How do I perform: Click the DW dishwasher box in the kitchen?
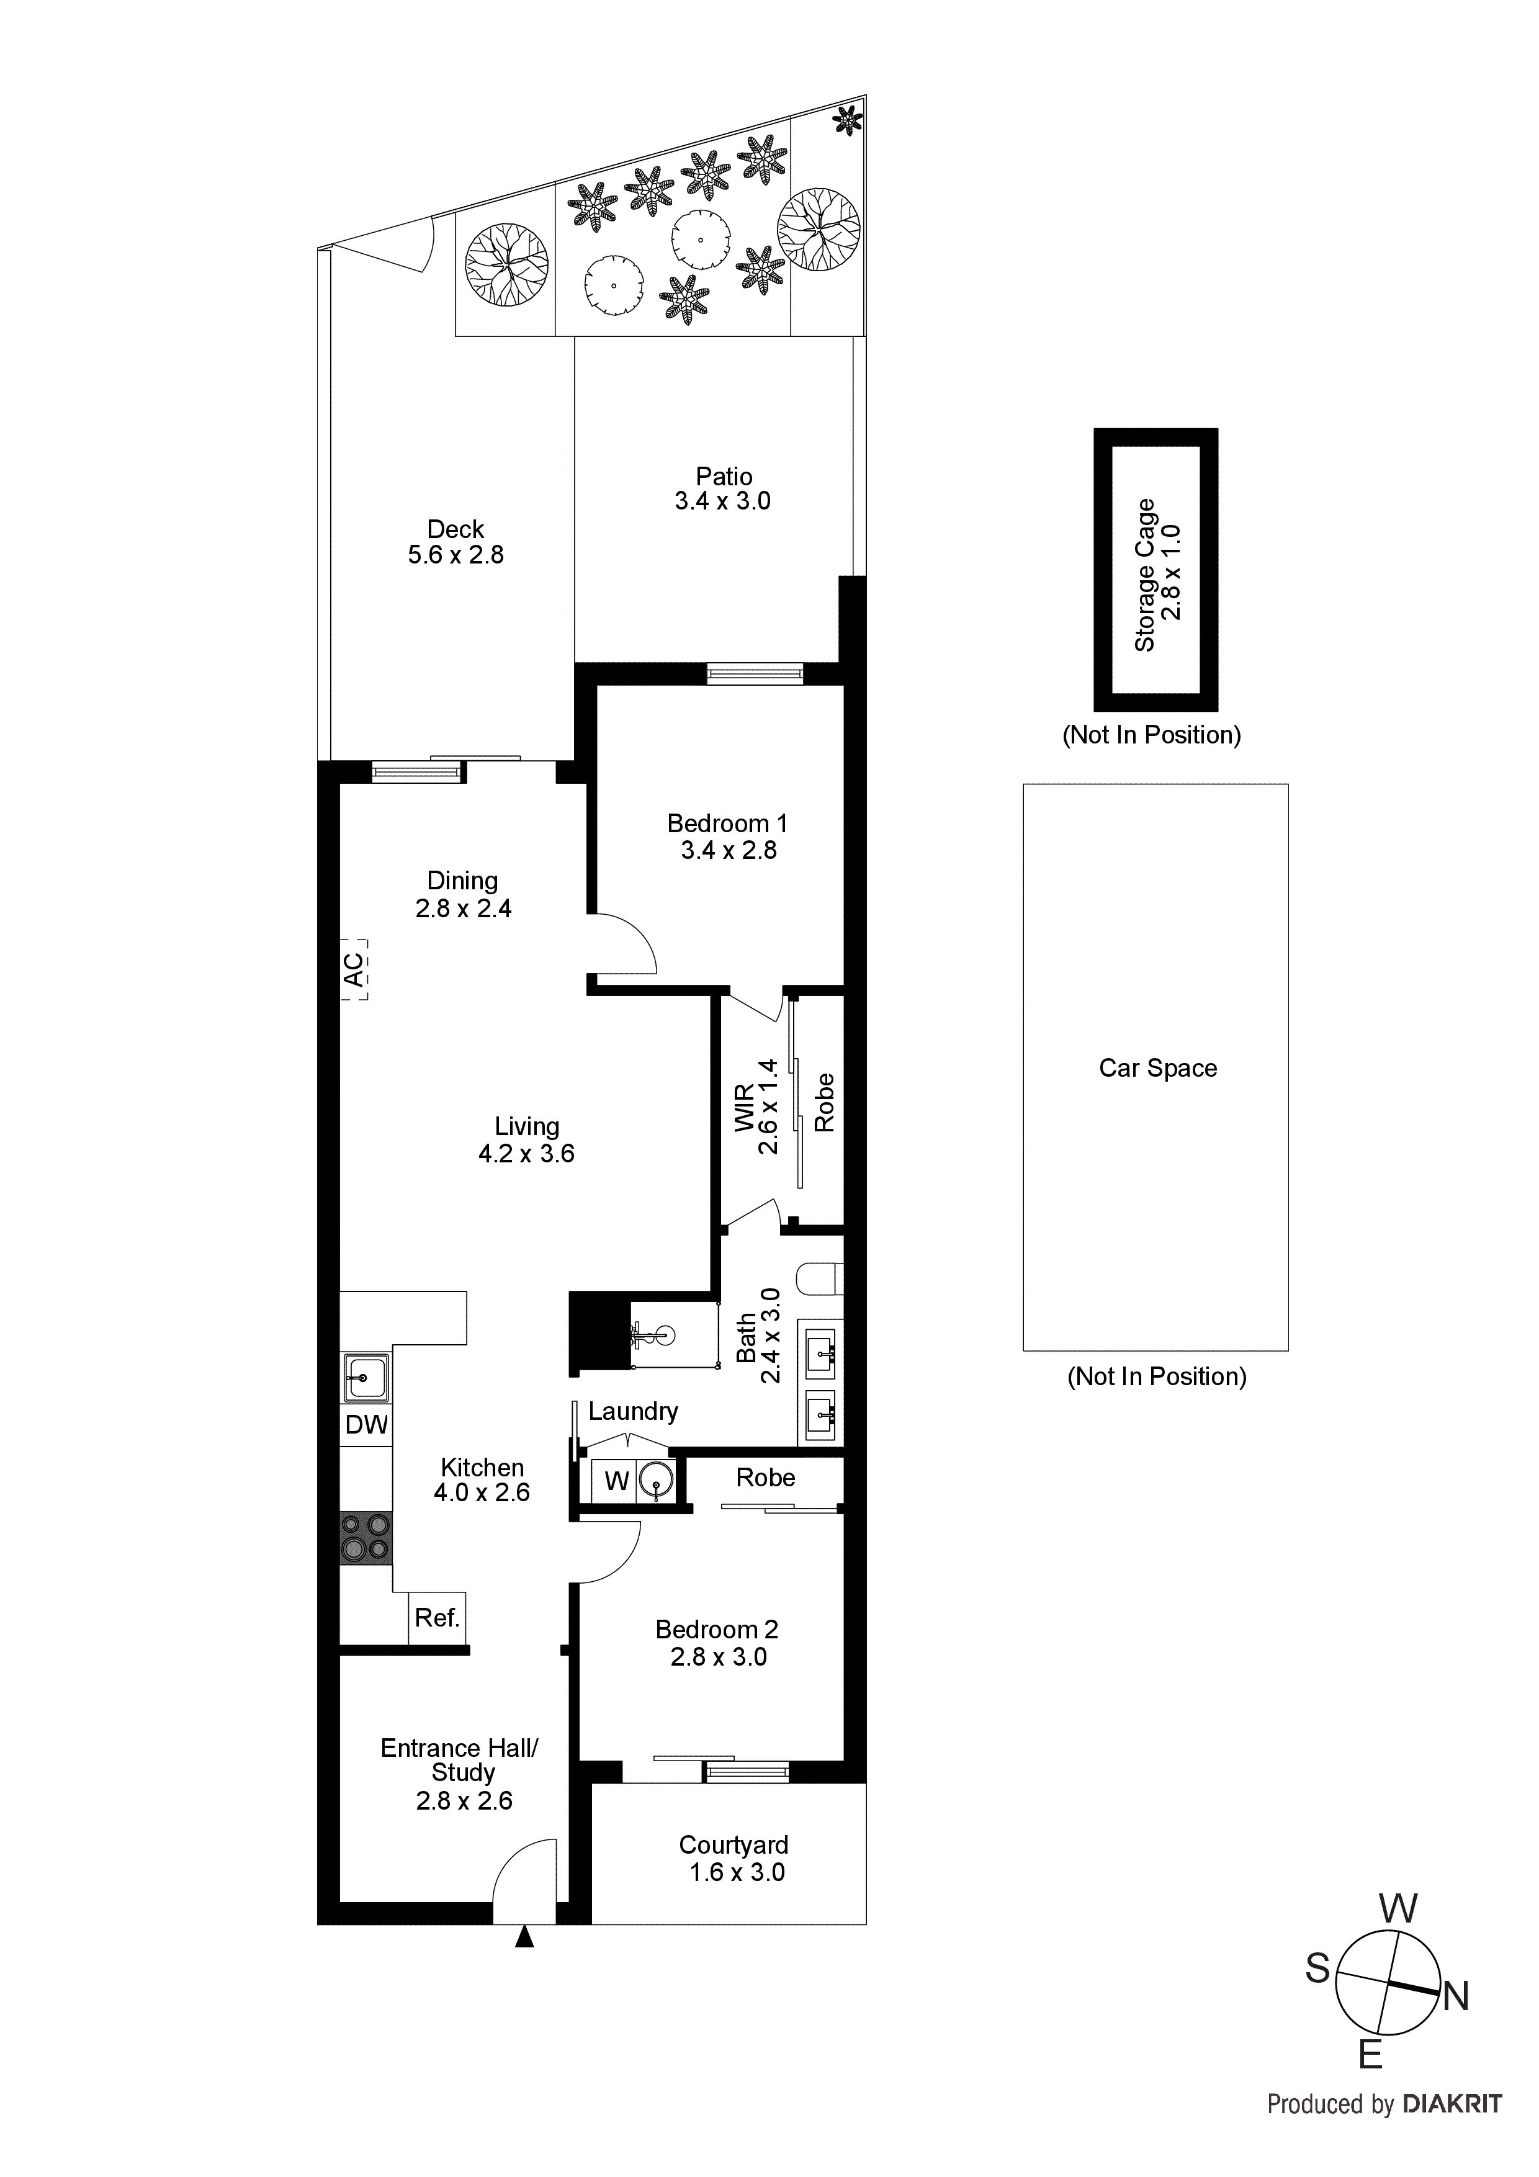click(366, 1424)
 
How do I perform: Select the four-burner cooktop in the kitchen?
click(366, 1537)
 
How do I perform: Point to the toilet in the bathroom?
click(821, 1279)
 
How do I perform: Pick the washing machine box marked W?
click(616, 1480)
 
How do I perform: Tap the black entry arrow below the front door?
click(524, 1939)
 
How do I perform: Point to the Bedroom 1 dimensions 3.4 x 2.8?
click(729, 851)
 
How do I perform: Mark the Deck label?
click(455, 529)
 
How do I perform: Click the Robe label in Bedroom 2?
click(765, 1477)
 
